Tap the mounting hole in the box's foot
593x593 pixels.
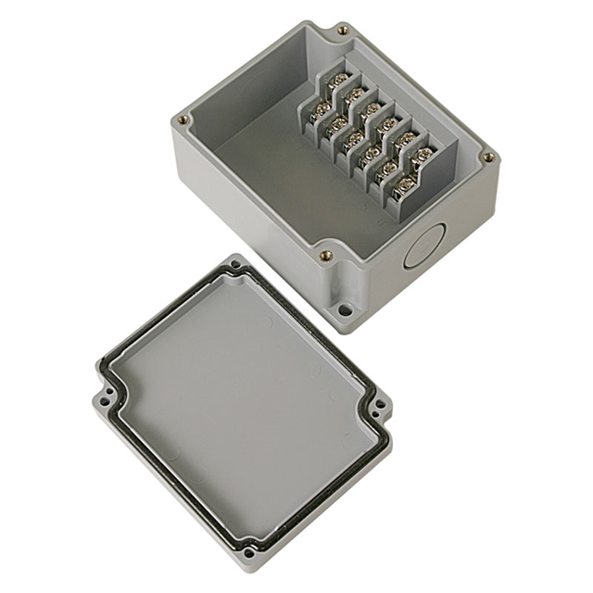[345, 310]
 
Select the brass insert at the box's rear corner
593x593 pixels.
[343, 31]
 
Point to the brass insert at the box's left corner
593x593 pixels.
[183, 119]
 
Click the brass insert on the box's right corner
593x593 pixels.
[487, 158]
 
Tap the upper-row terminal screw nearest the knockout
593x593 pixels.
[423, 154]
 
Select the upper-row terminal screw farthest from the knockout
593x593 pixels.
[337, 80]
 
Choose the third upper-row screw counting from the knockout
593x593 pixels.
[388, 123]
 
